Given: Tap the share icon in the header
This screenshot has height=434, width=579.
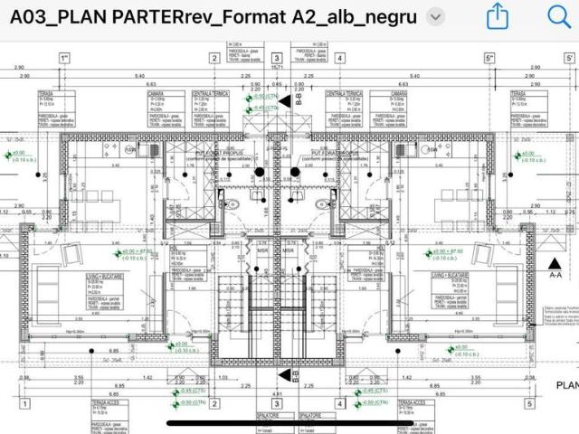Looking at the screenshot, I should click(497, 16).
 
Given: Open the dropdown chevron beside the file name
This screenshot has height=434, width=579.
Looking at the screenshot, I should click(435, 17).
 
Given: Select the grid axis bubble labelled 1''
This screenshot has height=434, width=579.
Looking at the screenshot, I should click(64, 59).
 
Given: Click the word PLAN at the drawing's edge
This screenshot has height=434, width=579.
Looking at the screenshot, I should click(566, 385).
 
